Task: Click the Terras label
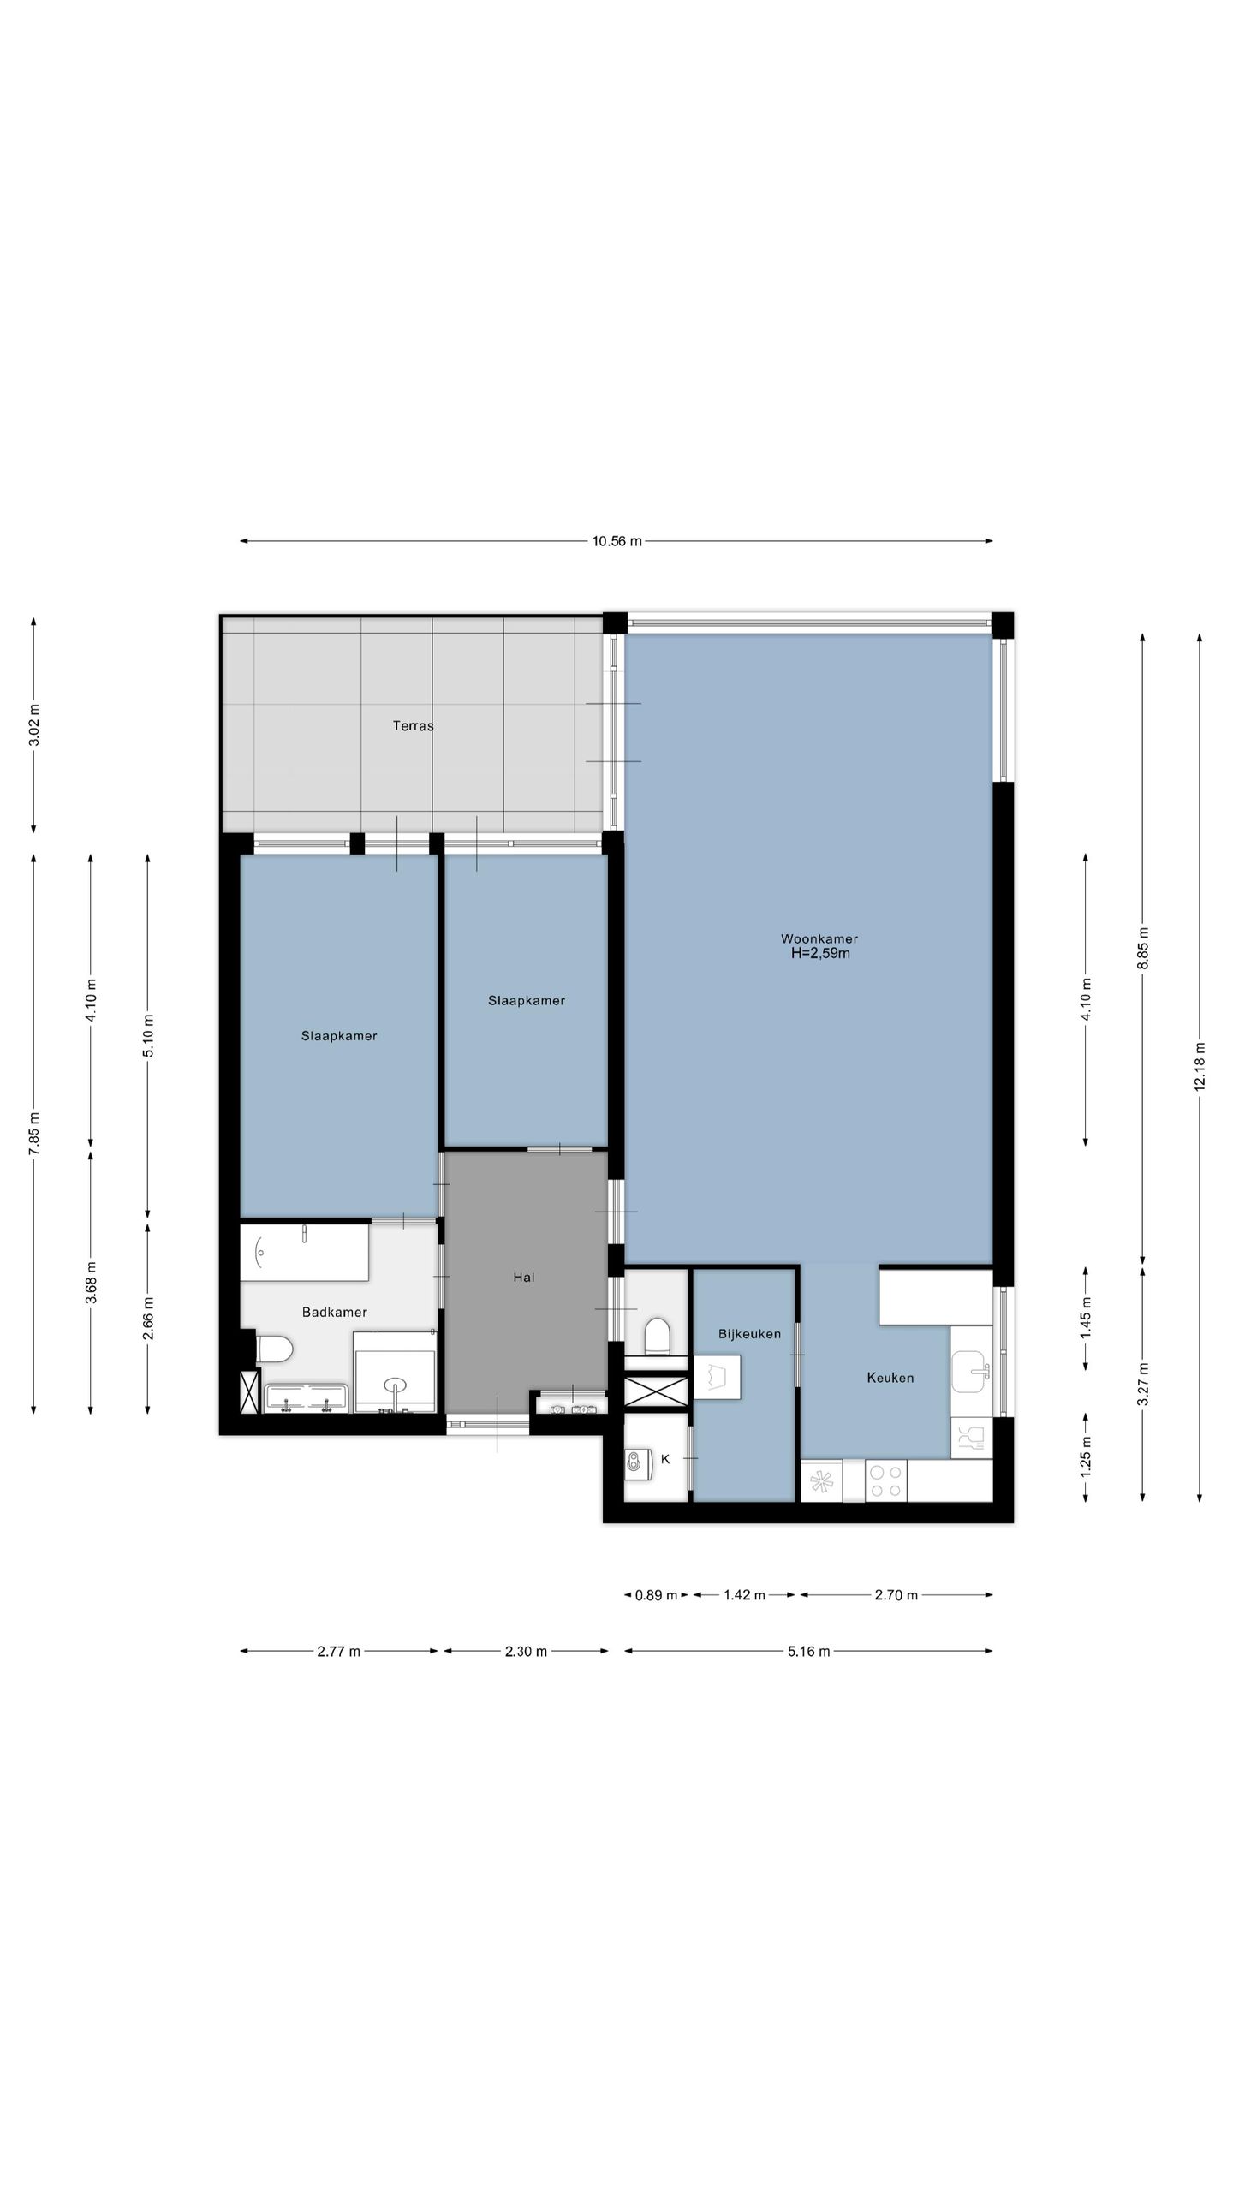(x=413, y=726)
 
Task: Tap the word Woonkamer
(x=819, y=938)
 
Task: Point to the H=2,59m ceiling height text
(x=820, y=954)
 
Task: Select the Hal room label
(x=524, y=1278)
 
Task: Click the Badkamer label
(x=335, y=1312)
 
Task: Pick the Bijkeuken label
(x=749, y=1333)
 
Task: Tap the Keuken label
(x=890, y=1378)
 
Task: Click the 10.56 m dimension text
(x=616, y=541)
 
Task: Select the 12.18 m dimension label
(x=1200, y=1066)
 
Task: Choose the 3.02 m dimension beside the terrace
(x=34, y=724)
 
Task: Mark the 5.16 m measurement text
(x=809, y=1652)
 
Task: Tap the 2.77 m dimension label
(x=338, y=1652)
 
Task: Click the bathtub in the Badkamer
(x=304, y=1253)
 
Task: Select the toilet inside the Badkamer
(x=274, y=1349)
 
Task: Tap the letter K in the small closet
(x=665, y=1458)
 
